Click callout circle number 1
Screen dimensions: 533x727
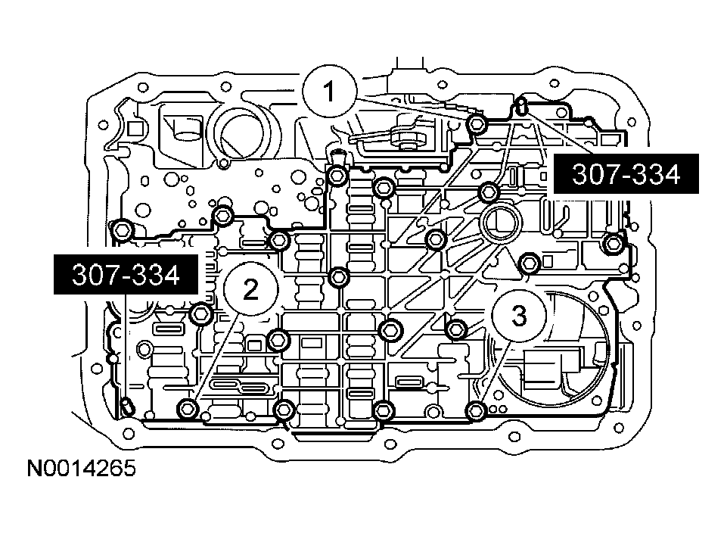pos(329,92)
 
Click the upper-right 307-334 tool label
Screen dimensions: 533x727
pos(615,176)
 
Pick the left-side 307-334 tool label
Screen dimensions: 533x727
pos(126,276)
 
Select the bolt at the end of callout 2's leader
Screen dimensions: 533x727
pos(187,410)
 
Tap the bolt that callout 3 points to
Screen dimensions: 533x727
pos(475,411)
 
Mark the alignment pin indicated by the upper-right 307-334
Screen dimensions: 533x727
pos(520,103)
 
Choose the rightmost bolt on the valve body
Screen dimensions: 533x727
pos(615,243)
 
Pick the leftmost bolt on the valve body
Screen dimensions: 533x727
pos(122,228)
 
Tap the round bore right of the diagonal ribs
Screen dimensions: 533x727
pos(499,223)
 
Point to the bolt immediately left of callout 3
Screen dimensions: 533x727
pos(456,329)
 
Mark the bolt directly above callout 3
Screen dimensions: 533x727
pos(530,262)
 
